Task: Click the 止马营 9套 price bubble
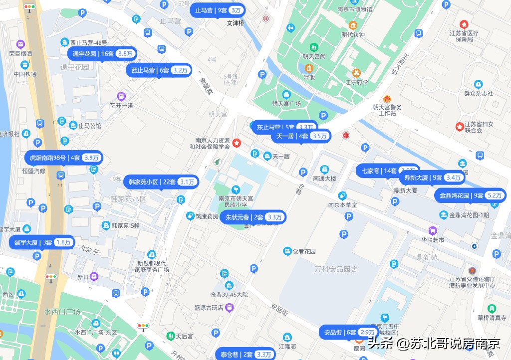pos(219,10)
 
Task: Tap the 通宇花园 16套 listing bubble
pos(102,53)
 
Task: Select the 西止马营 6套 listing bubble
pos(160,70)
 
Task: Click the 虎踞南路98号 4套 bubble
pos(63,158)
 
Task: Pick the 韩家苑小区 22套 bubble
pos(161,181)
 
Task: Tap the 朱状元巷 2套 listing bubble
pos(254,217)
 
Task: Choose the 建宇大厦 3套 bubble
pos(42,243)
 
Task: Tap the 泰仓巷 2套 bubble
pos(246,355)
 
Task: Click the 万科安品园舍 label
pos(336,269)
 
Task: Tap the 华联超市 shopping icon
pos(432,230)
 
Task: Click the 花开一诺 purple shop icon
pos(121,96)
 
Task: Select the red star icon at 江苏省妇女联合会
pos(460,127)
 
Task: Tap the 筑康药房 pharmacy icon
pos(190,216)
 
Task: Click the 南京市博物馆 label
pos(354,9)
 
